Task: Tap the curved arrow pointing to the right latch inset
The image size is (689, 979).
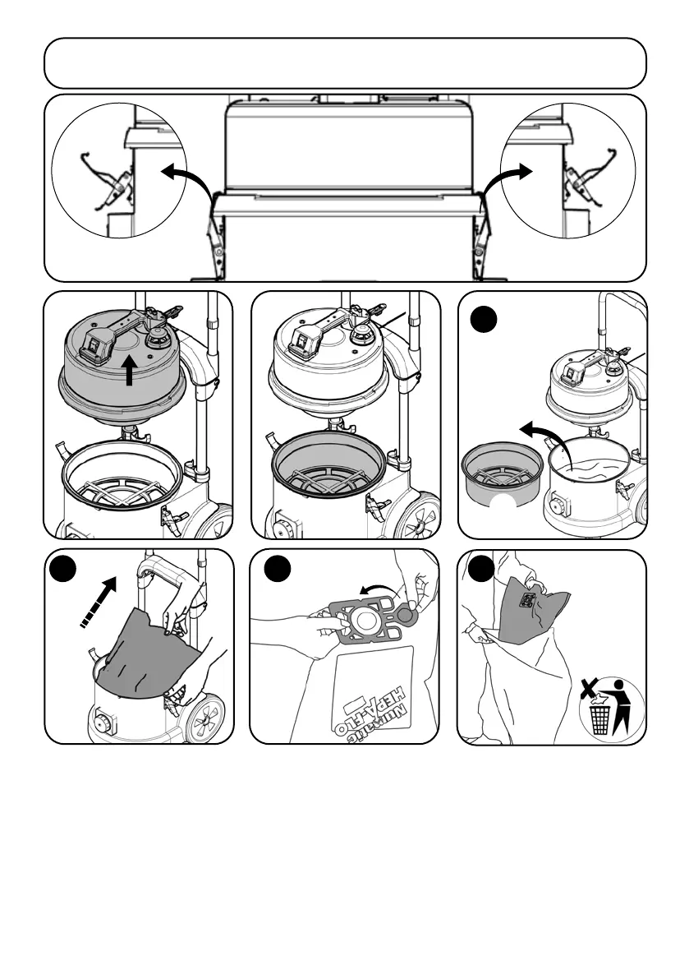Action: point(503,178)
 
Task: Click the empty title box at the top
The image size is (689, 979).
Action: point(345,62)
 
